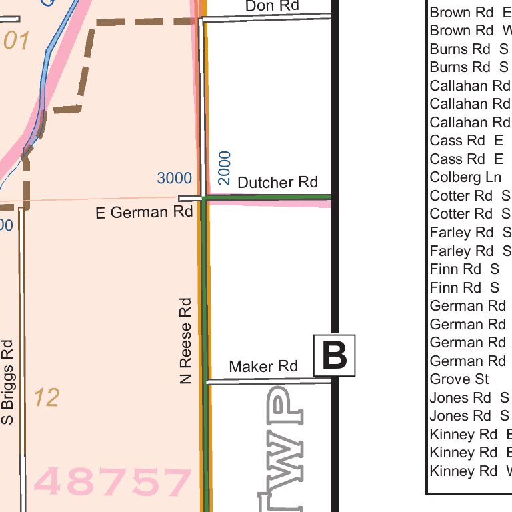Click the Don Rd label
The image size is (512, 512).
point(272,6)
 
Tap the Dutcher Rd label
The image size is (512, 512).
point(277,182)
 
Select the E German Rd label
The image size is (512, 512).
point(144,213)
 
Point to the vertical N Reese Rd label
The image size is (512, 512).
point(186,341)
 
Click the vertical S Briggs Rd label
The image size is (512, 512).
point(8,382)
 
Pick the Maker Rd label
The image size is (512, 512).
point(263,366)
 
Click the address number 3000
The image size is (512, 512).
point(174,179)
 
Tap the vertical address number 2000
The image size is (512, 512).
point(225,168)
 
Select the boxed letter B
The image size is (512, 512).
point(335,355)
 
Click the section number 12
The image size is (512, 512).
point(46,398)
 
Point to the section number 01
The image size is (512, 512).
point(17,41)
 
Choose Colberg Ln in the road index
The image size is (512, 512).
point(465,177)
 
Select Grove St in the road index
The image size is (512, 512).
point(459,379)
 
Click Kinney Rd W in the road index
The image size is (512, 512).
point(471,471)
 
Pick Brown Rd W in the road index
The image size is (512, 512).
point(471,31)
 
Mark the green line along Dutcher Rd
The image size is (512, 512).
point(267,197)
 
